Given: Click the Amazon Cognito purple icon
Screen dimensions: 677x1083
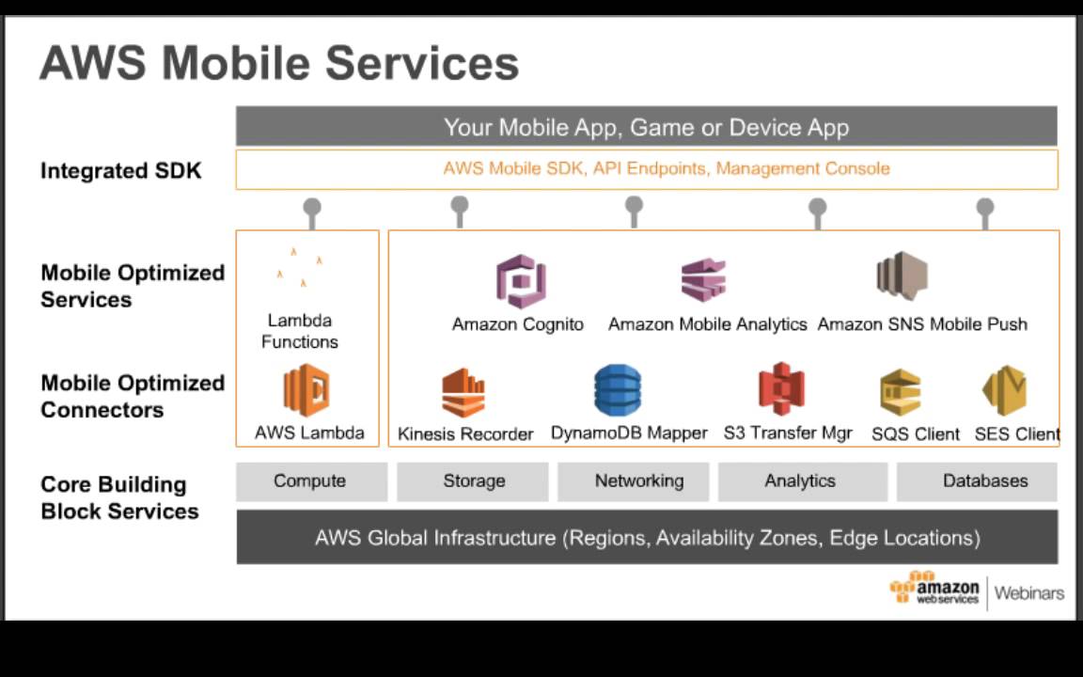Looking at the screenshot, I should click(x=521, y=281).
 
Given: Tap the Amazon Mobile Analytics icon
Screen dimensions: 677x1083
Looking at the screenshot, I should click(x=704, y=280).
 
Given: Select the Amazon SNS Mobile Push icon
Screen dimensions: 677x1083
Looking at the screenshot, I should click(x=902, y=276).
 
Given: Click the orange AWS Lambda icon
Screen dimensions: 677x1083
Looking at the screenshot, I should click(x=306, y=390).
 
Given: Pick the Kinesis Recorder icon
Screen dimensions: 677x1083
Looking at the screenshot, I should click(x=463, y=392).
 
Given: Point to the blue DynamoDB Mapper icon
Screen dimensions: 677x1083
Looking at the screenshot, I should click(x=618, y=390).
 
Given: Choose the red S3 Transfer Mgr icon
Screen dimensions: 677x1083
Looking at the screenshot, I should click(x=781, y=389).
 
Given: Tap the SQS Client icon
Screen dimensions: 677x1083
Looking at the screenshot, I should click(x=901, y=392).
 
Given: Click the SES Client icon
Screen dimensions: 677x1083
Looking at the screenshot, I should click(x=1004, y=391).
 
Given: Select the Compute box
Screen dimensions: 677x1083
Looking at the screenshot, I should click(x=310, y=481).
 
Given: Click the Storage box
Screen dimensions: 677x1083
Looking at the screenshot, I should click(x=473, y=481).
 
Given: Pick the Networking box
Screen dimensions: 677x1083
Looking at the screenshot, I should click(x=638, y=481).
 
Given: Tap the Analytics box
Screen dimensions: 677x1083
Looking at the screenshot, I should click(x=801, y=481).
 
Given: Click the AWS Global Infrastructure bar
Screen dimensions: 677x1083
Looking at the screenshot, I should click(x=647, y=538).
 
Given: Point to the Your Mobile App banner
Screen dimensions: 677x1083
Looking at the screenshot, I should click(x=647, y=127).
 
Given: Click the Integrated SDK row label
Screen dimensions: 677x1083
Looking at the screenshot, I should click(x=120, y=171).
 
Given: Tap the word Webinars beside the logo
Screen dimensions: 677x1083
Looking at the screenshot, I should click(x=1029, y=593).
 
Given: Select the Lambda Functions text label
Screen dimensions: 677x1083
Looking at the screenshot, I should click(x=300, y=331).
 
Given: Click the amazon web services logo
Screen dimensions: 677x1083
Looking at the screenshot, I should click(x=934, y=589).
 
